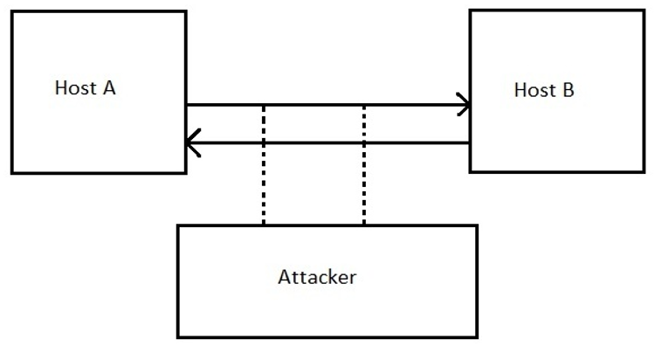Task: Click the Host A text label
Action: click(85, 88)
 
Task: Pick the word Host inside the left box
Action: click(72, 88)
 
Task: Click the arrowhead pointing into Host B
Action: click(465, 106)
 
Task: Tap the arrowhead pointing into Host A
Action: click(192, 143)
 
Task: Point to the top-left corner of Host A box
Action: click(12, 11)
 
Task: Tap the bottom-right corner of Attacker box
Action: click(477, 337)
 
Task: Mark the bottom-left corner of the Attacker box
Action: click(178, 337)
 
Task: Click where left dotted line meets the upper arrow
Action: click(263, 106)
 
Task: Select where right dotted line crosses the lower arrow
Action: click(363, 143)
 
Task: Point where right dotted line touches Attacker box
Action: click(363, 225)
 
